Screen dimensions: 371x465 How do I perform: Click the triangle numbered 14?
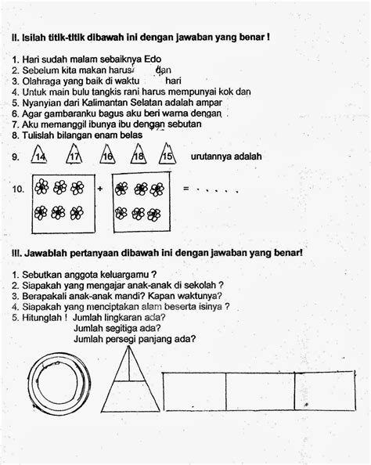click(39, 154)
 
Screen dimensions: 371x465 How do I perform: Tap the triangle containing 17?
click(74, 154)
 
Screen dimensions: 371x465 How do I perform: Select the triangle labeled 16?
click(107, 154)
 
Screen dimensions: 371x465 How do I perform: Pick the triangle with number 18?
click(139, 154)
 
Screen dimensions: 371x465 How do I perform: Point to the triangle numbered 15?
click(167, 153)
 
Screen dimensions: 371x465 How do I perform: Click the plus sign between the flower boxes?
click(100, 189)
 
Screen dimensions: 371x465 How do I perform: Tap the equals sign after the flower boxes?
click(186, 188)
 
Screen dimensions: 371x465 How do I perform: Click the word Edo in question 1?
click(153, 59)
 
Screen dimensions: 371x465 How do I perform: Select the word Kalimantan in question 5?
click(105, 103)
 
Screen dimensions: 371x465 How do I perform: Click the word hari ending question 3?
click(173, 81)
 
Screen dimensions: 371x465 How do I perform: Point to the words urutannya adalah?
click(226, 157)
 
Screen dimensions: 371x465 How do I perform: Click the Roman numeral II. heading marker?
click(16, 38)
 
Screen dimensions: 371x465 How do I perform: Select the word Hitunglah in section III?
click(41, 318)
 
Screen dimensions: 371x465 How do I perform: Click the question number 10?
click(18, 189)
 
